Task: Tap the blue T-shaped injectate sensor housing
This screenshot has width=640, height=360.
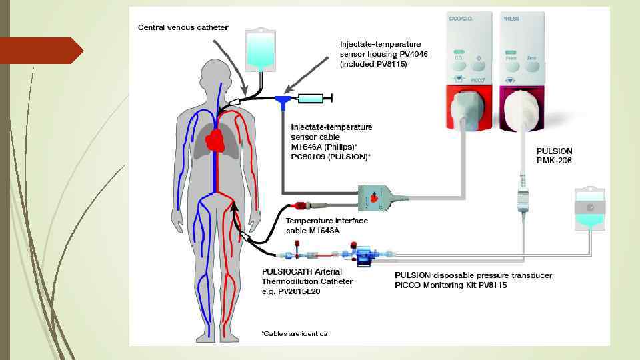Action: [x=283, y=100]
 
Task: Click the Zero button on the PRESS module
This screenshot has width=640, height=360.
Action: [x=531, y=58]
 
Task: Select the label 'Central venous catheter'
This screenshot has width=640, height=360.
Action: [x=183, y=27]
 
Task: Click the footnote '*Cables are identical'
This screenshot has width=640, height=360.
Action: [x=295, y=333]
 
